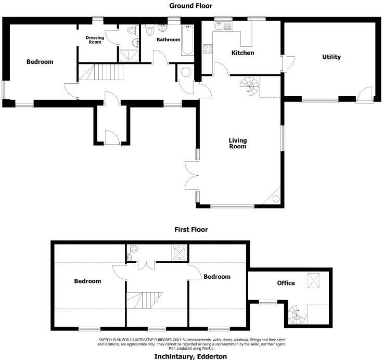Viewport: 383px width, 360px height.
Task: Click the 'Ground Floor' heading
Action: pos(191,6)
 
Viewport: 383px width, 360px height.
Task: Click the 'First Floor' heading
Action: pos(191,229)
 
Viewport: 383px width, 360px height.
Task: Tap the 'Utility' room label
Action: pos(331,57)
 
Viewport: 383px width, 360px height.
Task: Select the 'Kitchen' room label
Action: pos(242,53)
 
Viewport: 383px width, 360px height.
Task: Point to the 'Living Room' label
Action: pos(237,143)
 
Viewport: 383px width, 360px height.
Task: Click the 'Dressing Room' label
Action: pos(95,40)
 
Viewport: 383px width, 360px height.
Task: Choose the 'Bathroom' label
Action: pos(168,40)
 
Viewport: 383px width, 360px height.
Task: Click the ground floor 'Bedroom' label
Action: pos(40,62)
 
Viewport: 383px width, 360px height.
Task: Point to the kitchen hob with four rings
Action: pos(209,49)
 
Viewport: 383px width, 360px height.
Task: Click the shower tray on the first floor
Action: pos(180,253)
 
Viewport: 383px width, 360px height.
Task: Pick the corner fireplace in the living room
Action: pos(274,198)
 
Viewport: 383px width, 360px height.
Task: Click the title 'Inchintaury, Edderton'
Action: pos(191,356)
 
